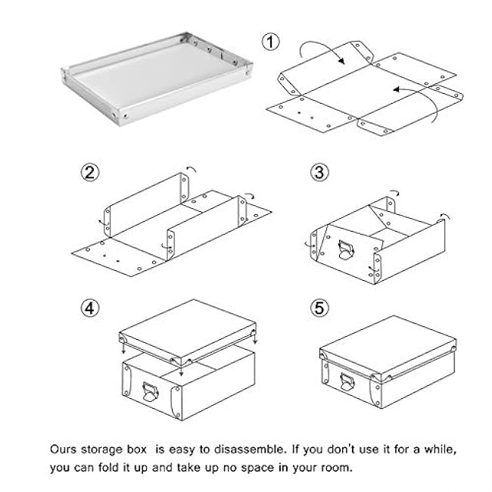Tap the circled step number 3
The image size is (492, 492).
pos(318,173)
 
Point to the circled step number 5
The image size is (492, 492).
pos(318,309)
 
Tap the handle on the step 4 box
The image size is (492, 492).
pos(148,391)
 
